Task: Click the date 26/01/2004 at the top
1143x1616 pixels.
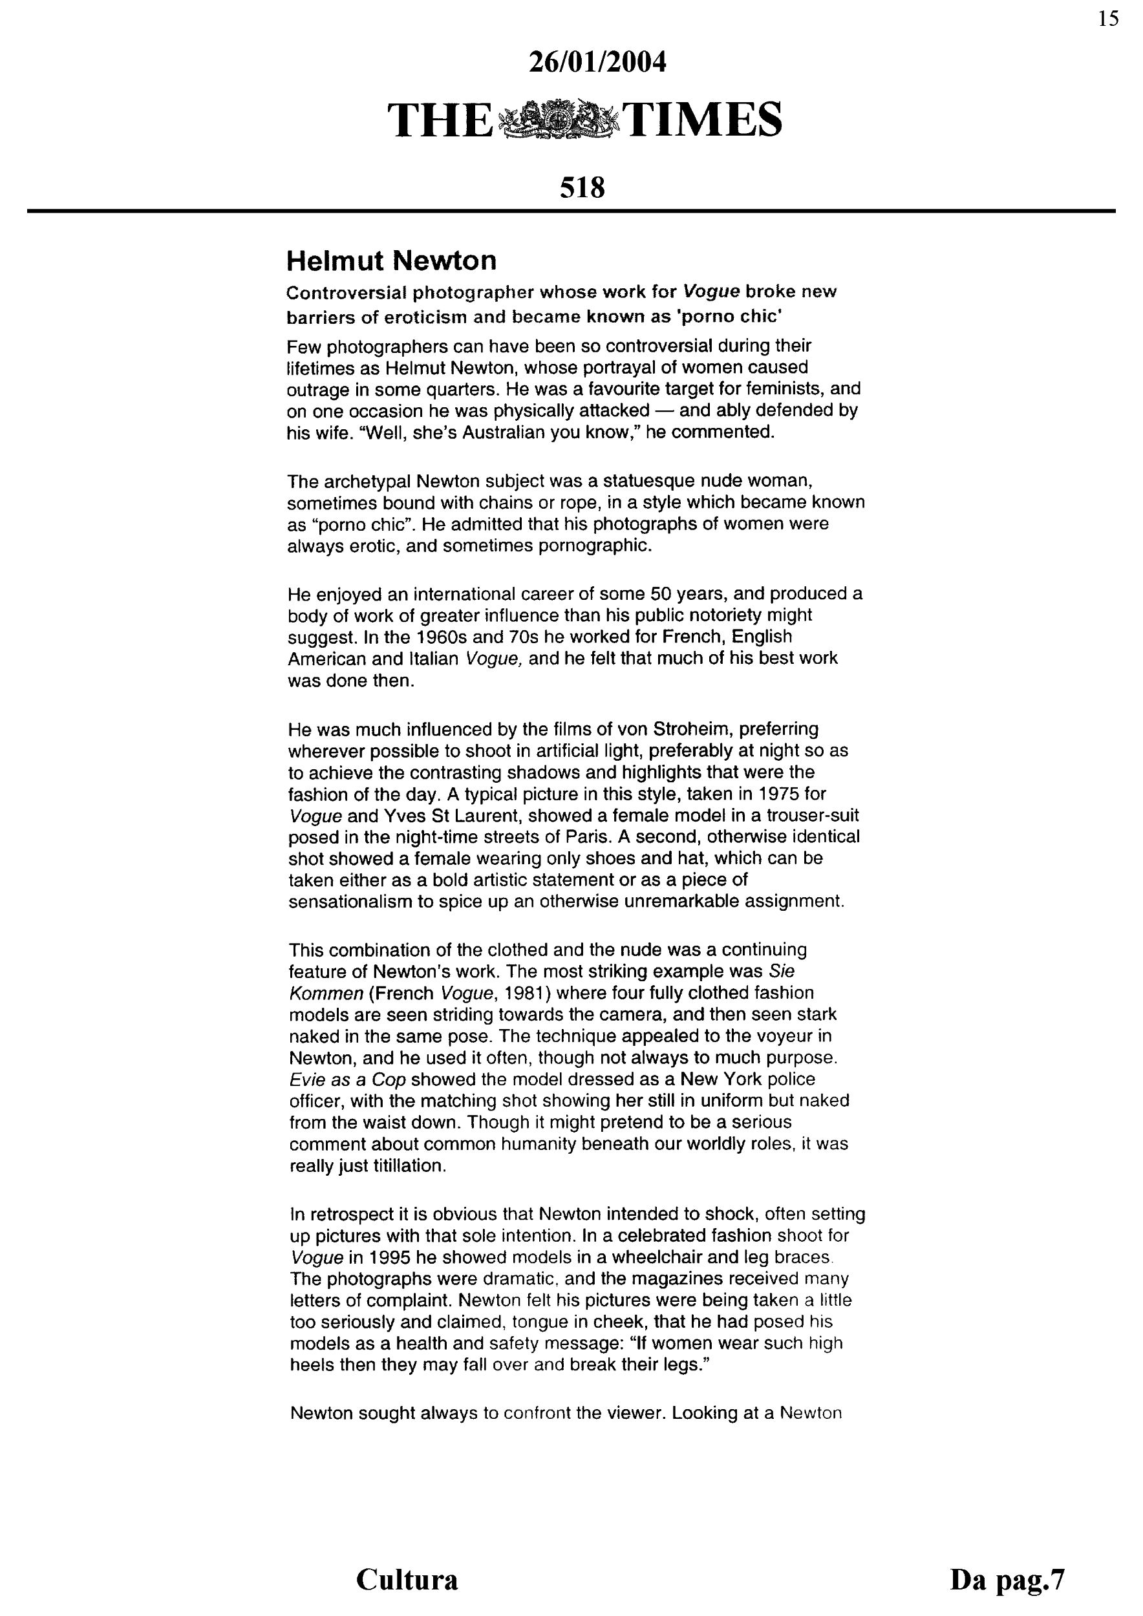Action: pos(596,63)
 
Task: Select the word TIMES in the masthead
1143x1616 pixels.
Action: pos(703,120)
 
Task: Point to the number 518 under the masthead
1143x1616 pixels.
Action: pos(582,188)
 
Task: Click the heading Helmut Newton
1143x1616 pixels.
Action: pos(391,261)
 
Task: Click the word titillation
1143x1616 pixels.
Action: pos(404,1166)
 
